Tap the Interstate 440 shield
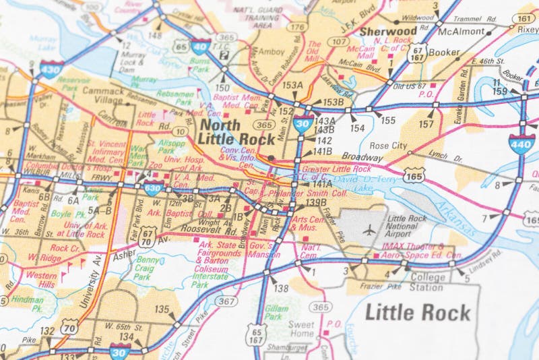[x=521, y=144]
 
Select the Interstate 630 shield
[x=154, y=189]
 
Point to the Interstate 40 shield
[x=201, y=46]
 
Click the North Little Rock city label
[x=237, y=133]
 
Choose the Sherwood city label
[x=388, y=31]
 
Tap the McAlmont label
[x=461, y=31]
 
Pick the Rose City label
[x=389, y=145]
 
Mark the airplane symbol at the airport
[x=369, y=231]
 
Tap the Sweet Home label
[x=301, y=328]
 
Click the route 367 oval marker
[x=227, y=300]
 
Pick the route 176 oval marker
[x=296, y=27]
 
